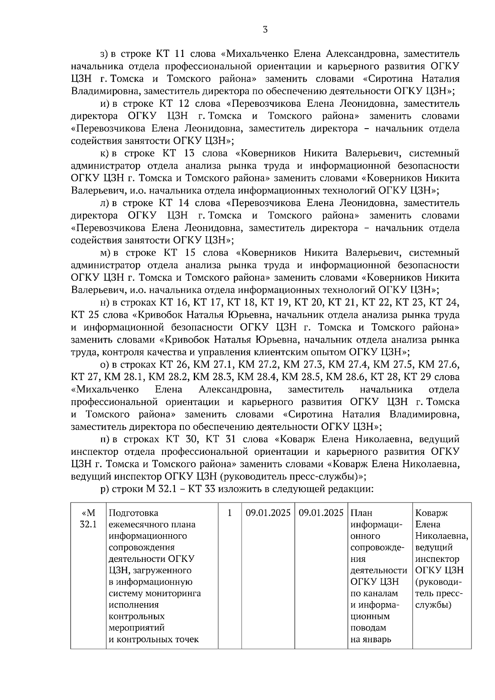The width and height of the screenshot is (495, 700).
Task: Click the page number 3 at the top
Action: coord(265,29)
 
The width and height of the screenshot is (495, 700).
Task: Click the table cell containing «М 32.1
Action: coord(88,519)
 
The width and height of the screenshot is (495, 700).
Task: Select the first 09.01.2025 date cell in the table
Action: coord(268,513)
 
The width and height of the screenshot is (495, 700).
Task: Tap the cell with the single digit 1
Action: coord(229,513)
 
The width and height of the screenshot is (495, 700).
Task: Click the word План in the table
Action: coord(361,513)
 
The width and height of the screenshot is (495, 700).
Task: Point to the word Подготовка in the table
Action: coord(133,513)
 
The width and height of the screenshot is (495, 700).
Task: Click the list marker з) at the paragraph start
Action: coord(104,54)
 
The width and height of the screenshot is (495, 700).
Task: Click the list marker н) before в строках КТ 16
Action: coord(104,303)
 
